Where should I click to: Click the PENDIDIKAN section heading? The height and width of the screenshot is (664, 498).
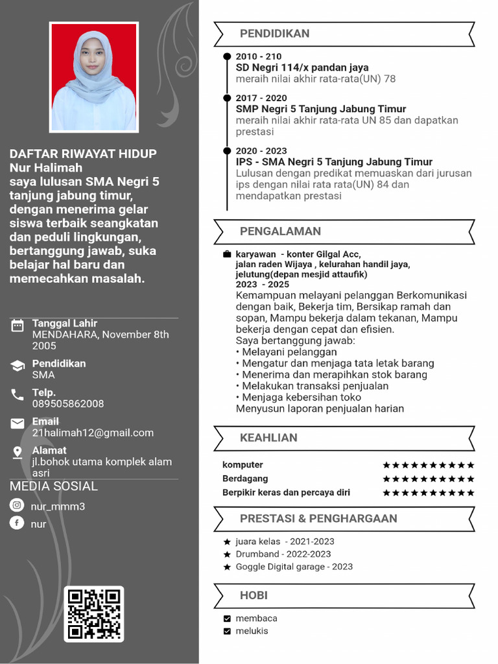(274, 34)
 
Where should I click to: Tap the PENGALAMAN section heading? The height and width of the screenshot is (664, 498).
(280, 231)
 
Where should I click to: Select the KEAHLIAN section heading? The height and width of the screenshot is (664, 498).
(268, 438)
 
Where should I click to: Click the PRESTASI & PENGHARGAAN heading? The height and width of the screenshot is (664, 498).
(318, 519)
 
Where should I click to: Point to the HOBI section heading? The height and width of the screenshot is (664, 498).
(254, 595)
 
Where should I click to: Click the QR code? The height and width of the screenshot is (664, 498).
(94, 613)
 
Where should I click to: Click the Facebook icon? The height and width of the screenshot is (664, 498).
(17, 523)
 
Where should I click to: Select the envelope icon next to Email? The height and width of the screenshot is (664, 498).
(18, 424)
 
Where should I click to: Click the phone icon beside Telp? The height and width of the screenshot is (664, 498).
(18, 394)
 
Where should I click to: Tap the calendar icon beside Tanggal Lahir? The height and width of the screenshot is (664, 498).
(18, 326)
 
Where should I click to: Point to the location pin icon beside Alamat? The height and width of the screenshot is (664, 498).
(18, 453)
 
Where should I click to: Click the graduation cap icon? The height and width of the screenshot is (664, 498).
(18, 366)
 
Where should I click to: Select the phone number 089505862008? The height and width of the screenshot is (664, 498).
(68, 404)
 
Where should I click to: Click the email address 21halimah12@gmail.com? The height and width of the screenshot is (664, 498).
(93, 433)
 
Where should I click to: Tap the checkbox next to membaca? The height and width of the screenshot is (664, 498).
(227, 619)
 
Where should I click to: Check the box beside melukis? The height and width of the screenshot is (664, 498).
(227, 632)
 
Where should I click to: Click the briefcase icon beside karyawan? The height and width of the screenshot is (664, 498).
(227, 254)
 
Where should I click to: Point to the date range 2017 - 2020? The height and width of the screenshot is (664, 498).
(261, 99)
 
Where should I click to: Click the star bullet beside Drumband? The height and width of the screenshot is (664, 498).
(227, 554)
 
